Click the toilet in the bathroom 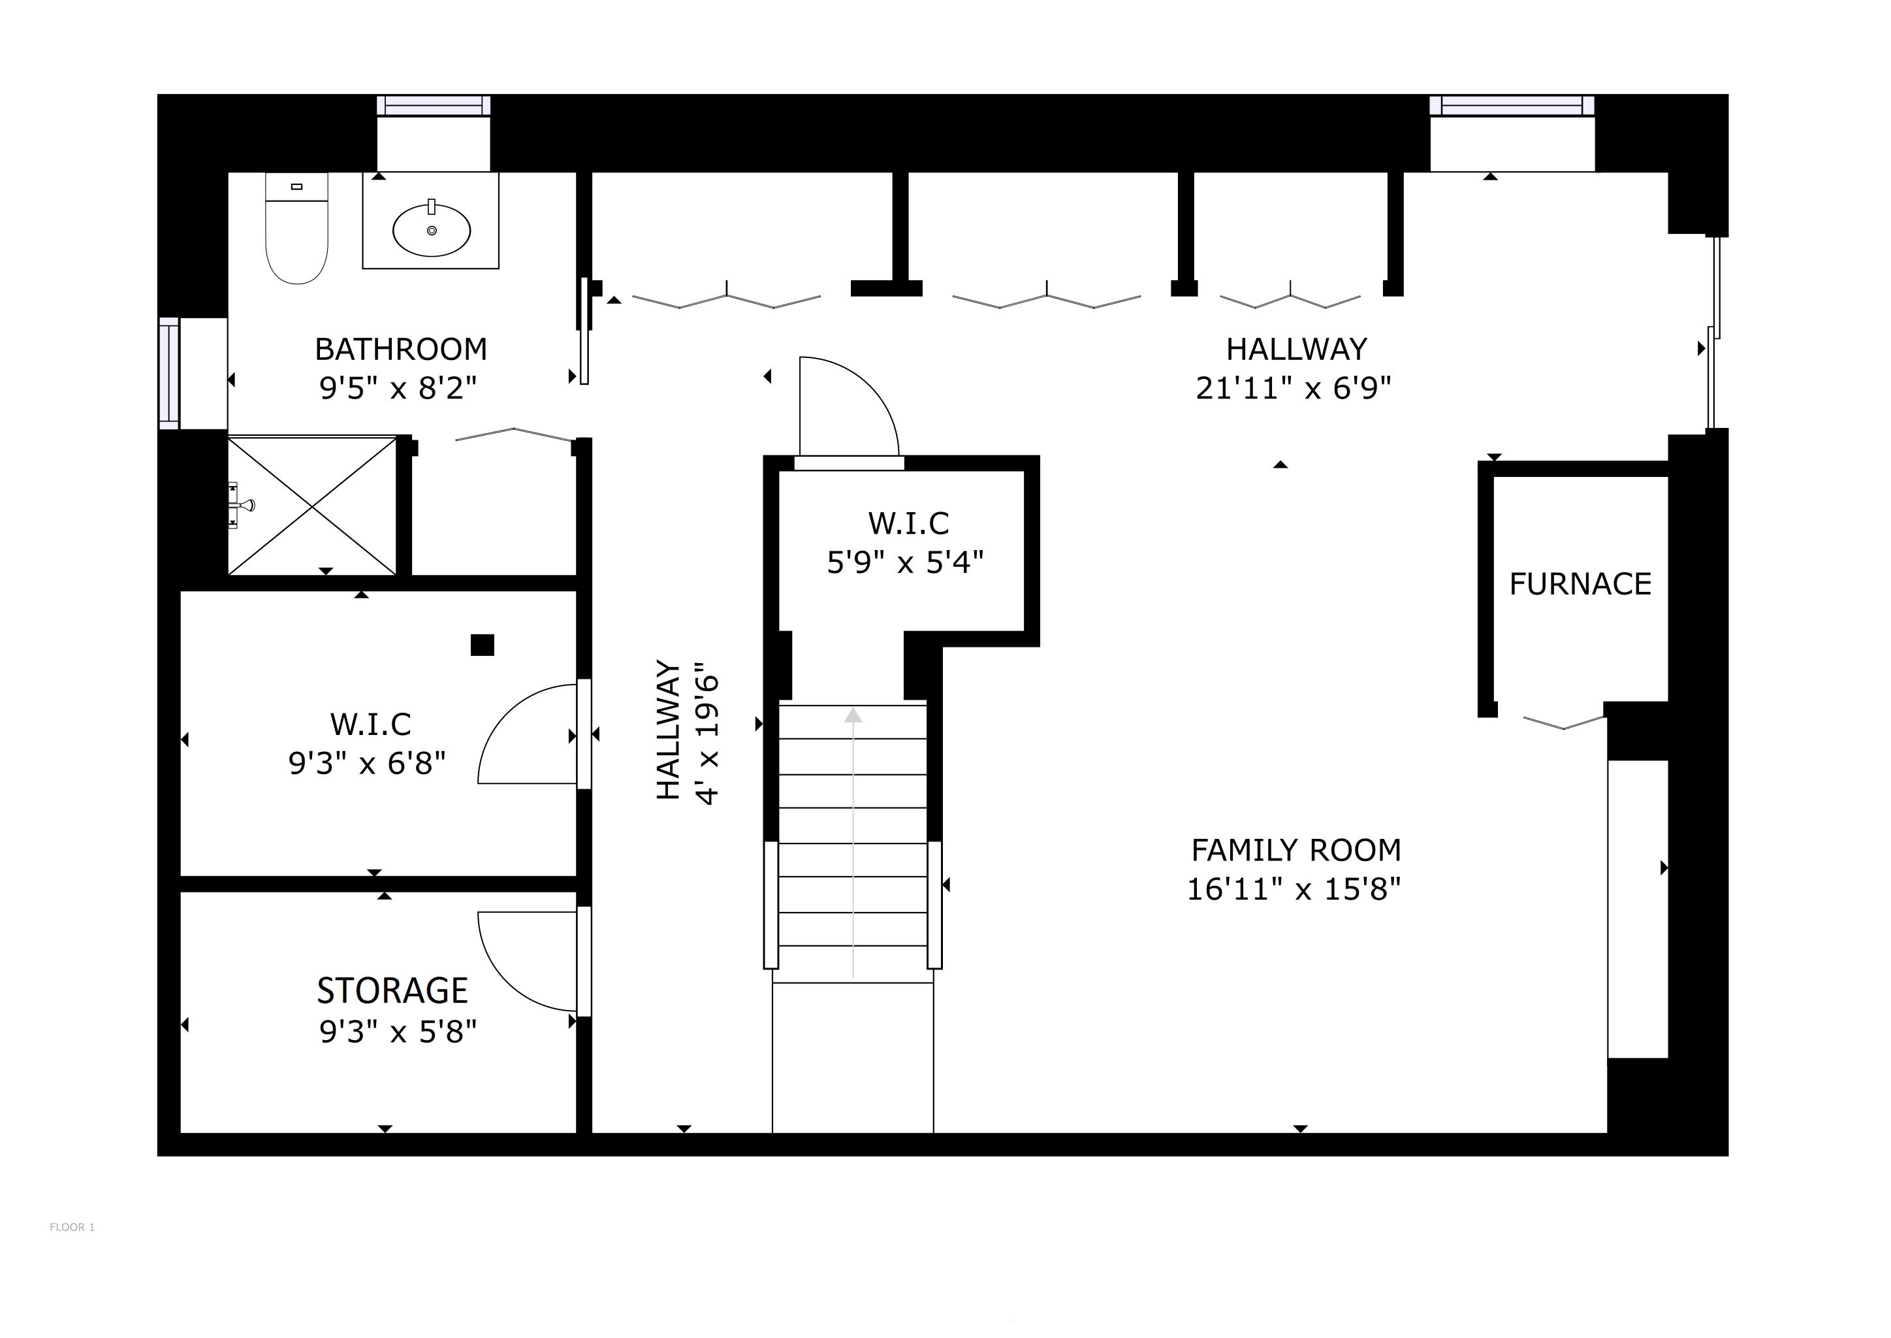296,231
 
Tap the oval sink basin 432,231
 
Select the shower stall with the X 312,505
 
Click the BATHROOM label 401,350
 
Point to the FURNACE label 1580,584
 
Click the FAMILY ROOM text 1295,850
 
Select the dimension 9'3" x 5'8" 398,1032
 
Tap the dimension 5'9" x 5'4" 905,563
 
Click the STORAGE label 393,990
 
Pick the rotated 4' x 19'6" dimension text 707,732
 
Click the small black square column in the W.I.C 482,645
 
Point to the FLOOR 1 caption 72,1228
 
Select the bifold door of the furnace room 1563,723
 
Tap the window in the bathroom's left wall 169,373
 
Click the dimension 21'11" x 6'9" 1293,388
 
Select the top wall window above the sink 433,105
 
